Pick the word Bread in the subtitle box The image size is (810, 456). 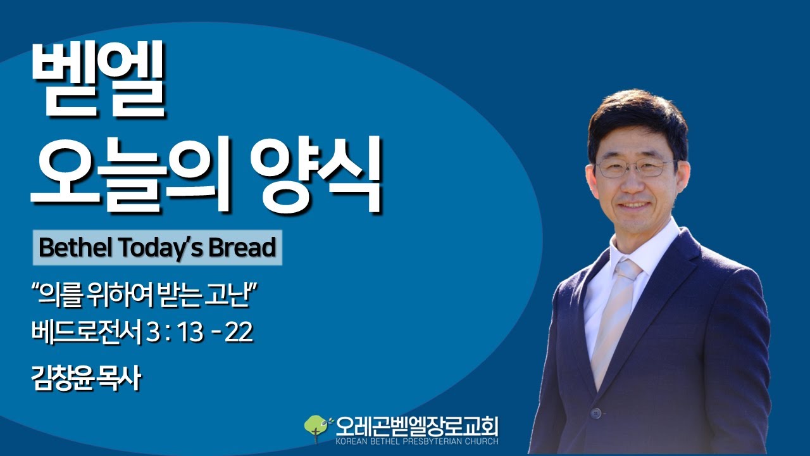(x=244, y=248)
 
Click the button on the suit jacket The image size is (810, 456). (x=595, y=413)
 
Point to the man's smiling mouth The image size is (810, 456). (x=633, y=206)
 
